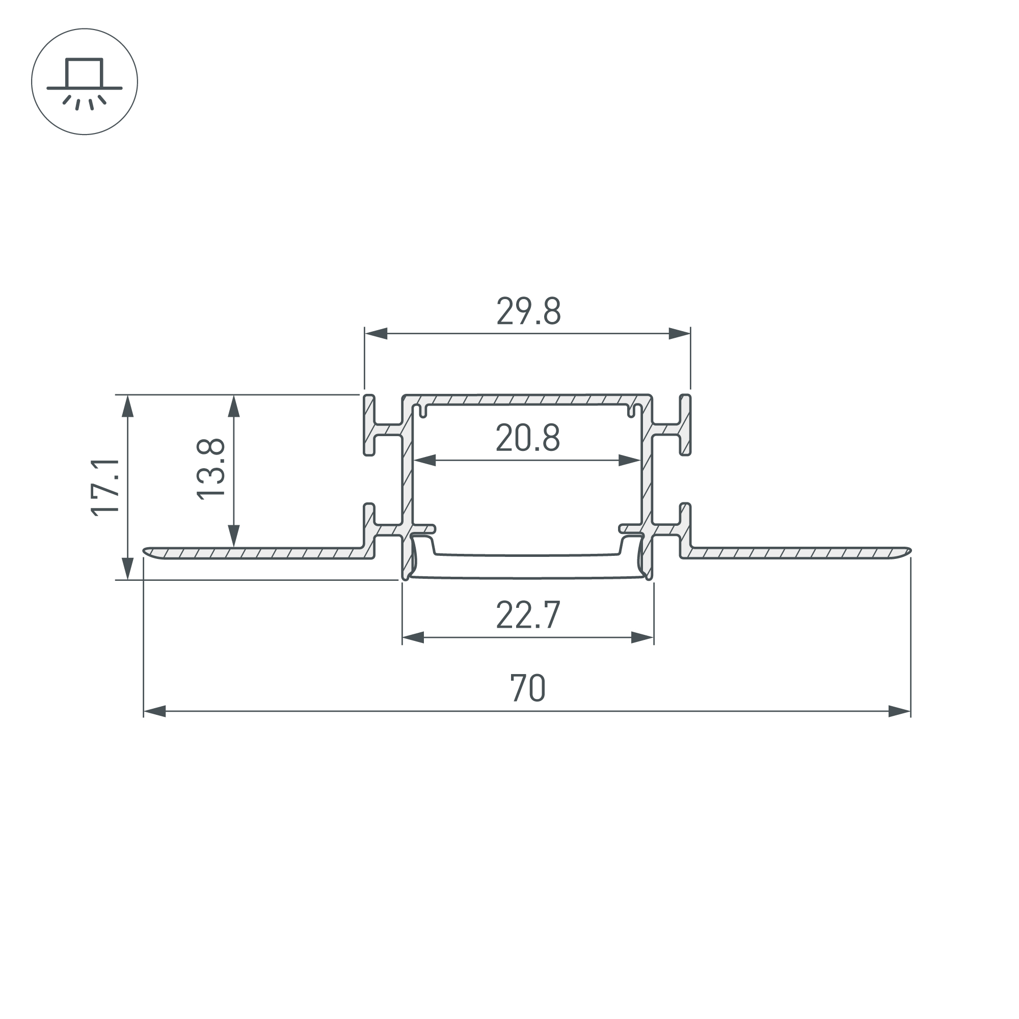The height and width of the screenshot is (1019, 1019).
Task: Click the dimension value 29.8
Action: tap(528, 312)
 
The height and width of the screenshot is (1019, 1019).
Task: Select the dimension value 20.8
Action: tap(527, 438)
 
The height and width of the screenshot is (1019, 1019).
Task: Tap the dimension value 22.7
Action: tap(527, 615)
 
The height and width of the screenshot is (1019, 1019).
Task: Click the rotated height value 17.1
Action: tap(105, 488)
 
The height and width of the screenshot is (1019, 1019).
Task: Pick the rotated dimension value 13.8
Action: tap(210, 469)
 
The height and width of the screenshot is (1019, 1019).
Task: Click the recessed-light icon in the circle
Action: tap(85, 82)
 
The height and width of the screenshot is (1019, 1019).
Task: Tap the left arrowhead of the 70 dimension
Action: tap(154, 711)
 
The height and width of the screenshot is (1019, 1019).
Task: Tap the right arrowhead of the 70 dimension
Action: tap(899, 711)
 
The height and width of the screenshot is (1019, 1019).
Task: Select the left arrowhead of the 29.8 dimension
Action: tap(376, 333)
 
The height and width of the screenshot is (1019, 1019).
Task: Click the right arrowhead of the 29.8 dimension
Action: tap(679, 333)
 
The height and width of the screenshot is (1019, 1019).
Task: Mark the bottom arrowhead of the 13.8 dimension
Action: tap(234, 536)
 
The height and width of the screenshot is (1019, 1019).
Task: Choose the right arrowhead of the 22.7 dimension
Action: tap(642, 637)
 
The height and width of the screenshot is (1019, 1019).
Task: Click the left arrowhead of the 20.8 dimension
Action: tap(425, 461)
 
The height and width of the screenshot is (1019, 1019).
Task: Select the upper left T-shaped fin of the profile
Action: tap(370, 424)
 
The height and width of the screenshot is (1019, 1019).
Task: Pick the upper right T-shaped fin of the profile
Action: tap(685, 424)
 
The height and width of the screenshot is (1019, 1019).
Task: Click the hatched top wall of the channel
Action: tap(527, 399)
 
